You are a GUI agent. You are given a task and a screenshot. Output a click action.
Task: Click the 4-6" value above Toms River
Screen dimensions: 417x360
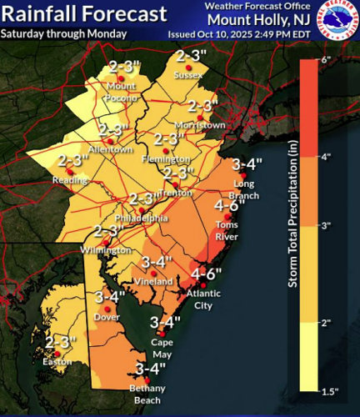pyautogui.click(x=228, y=205)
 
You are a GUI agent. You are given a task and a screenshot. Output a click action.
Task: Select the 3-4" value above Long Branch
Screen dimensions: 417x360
pyautogui.click(x=247, y=163)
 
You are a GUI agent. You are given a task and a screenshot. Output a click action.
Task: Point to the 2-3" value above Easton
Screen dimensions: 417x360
pyautogui.click(x=60, y=342)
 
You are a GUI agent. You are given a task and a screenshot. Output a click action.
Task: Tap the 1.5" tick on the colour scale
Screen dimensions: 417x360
pyautogui.click(x=330, y=388)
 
